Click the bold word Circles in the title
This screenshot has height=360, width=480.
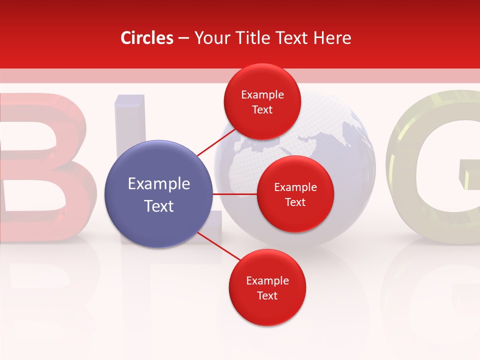coord(147,38)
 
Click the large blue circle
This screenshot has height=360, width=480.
coord(158,194)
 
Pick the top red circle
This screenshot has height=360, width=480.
coord(262,101)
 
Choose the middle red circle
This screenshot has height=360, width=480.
coord(295,194)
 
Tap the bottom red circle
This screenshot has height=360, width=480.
coord(267,287)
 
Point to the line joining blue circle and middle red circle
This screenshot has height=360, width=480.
coord(235,194)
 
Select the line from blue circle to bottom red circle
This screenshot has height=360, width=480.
coord(215,245)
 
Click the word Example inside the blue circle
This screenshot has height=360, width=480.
coord(159,184)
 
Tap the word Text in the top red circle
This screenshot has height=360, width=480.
coord(262,110)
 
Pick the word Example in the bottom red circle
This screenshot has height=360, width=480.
coord(267,280)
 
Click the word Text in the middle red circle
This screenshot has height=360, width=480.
coord(295,202)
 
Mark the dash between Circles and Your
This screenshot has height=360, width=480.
coord(183,38)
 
